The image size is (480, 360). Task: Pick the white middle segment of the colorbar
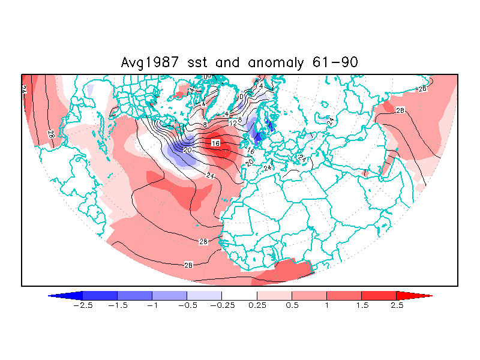[239, 295]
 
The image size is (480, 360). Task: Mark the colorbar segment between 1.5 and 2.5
[379, 295]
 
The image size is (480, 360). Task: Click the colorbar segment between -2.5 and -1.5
[100, 295]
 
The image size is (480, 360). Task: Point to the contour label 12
[233, 123]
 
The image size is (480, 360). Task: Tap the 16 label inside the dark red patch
[216, 143]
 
